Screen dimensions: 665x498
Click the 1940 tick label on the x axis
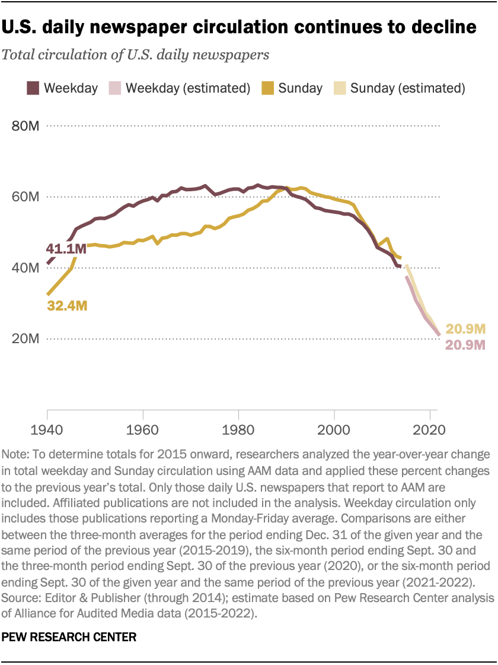pyautogui.click(x=46, y=429)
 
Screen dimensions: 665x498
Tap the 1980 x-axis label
pyautogui.click(x=238, y=429)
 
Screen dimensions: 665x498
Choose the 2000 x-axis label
pyautogui.click(x=334, y=429)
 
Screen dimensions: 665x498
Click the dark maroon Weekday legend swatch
pyautogui.click(x=33, y=88)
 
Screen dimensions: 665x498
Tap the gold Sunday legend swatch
pyautogui.click(x=266, y=88)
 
